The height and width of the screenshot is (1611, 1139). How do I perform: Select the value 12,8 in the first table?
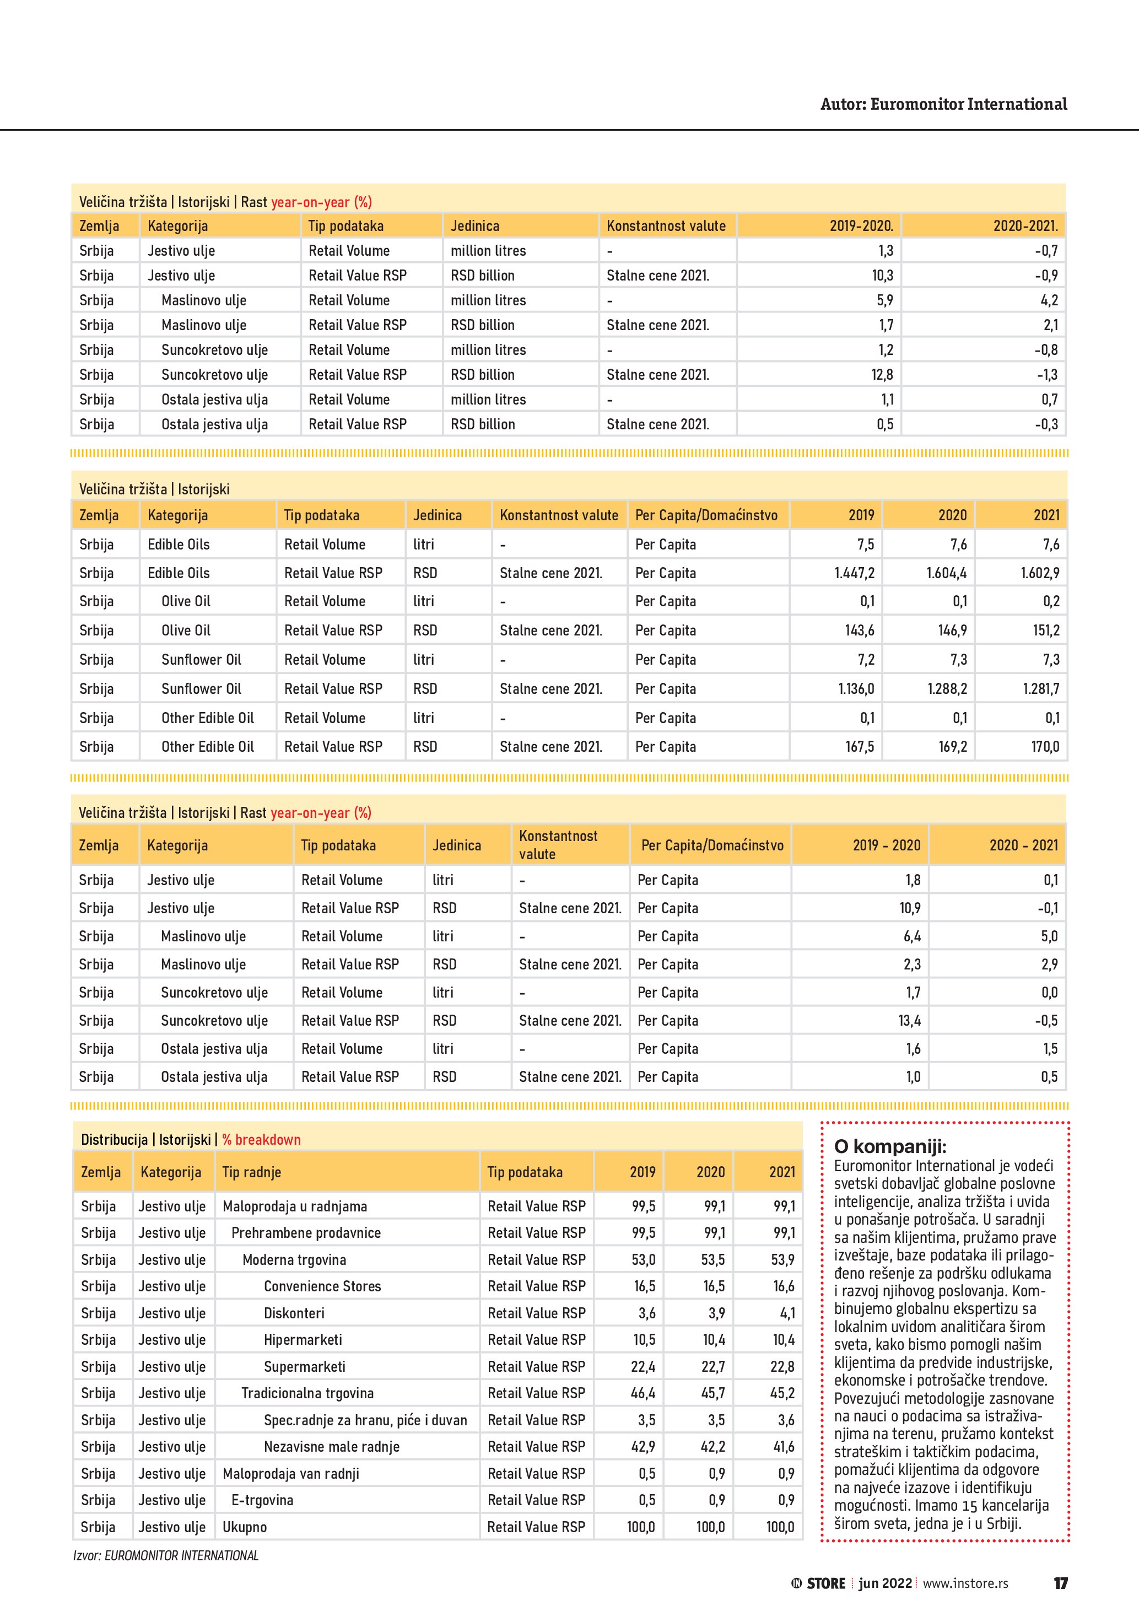point(882,375)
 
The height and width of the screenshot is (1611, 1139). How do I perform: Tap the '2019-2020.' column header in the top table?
point(861,226)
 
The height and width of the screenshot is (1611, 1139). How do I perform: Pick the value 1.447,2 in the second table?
point(854,573)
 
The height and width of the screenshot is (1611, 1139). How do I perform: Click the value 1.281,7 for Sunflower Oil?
point(1041,689)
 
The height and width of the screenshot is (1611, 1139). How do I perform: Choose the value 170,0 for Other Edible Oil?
point(1045,747)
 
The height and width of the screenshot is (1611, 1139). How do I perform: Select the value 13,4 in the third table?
point(909,1021)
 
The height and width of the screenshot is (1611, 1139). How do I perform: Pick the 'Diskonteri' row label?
point(294,1313)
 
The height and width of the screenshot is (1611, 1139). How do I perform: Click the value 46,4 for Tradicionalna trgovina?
point(643,1393)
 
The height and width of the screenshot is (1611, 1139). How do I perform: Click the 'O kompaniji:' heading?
point(889,1147)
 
